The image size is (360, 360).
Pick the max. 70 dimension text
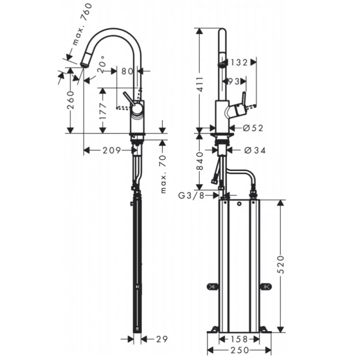click(x=163, y=175)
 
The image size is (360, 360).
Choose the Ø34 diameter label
click(x=253, y=150)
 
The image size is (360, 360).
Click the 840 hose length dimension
click(x=202, y=160)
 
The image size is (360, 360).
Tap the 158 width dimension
click(x=238, y=339)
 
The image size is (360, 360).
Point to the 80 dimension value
click(x=127, y=70)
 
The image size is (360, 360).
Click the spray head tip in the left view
click(x=85, y=63)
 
